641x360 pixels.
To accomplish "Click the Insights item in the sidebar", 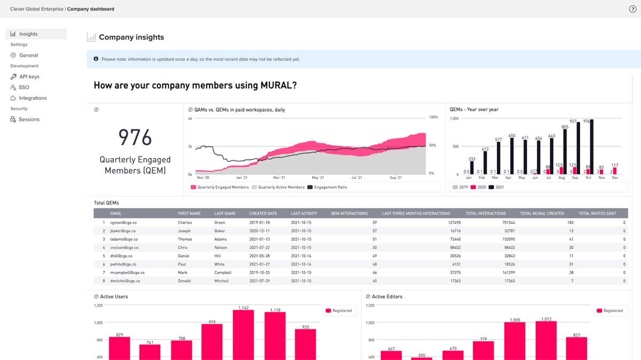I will pyautogui.click(x=28, y=34).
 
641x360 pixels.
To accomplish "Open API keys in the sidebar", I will pyautogui.click(x=29, y=77).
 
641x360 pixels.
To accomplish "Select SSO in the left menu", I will pyautogui.click(x=24, y=88).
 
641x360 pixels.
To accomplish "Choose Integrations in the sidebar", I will pyautogui.click(x=32, y=98).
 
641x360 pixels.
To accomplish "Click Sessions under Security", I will pyautogui.click(x=29, y=120).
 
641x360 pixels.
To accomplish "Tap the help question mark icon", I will pyautogui.click(x=632, y=9).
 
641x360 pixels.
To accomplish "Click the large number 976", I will pyautogui.click(x=135, y=138).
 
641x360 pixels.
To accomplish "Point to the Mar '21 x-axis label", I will pyautogui.click(x=279, y=177).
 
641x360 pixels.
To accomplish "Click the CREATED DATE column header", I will pyautogui.click(x=263, y=214).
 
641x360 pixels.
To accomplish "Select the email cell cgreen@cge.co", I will pyautogui.click(x=123, y=222).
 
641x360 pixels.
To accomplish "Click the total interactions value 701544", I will pyautogui.click(x=505, y=222).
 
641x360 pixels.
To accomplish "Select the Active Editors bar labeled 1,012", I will pyautogui.click(x=546, y=339).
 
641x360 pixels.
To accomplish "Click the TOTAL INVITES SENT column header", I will pyautogui.click(x=597, y=214).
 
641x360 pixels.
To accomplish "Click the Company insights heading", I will pyautogui.click(x=131, y=37).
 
